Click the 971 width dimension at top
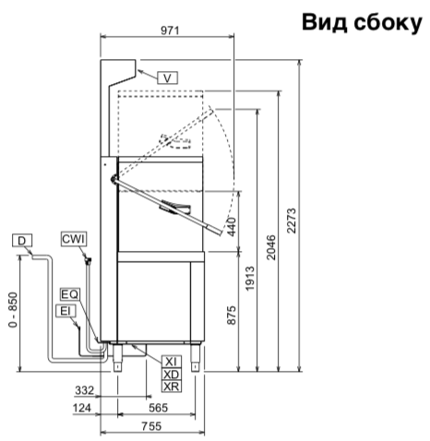pos(170,30)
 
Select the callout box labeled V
pos(167,77)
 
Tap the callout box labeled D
pos(22,241)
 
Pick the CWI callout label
pos(74,239)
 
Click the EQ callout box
pos(70,294)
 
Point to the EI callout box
pos(66,311)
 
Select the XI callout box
pos(172,362)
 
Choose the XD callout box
pos(172,375)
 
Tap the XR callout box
pos(172,387)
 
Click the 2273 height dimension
pos(292,220)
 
